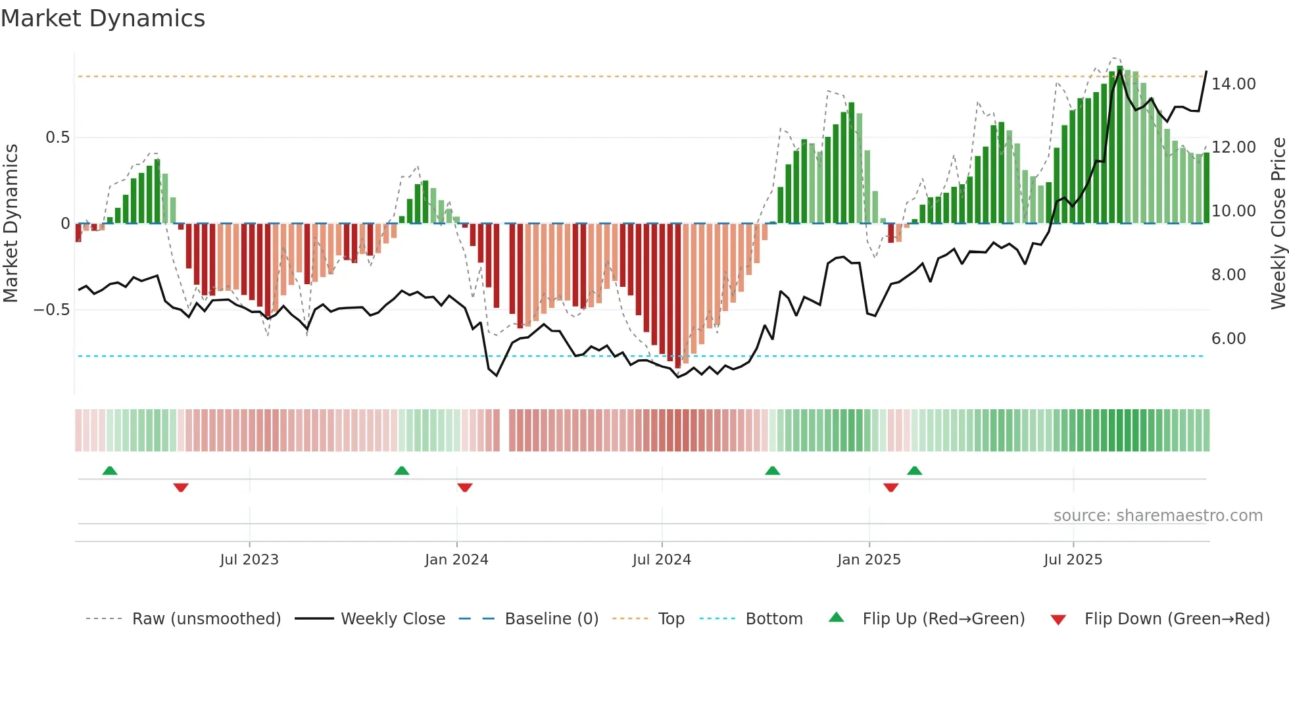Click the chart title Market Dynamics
pos(103,18)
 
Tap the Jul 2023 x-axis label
pos(249,560)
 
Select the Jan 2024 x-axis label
pos(456,560)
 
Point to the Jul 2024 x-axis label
pos(662,560)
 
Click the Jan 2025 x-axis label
pos(869,560)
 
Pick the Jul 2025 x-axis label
pos(1073,560)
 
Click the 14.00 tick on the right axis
pos(1234,84)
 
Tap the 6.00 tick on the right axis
pos(1228,339)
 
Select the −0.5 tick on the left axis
pos(51,310)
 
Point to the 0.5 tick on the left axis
pos(57,137)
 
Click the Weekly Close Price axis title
pos(1278,223)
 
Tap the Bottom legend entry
pos(773,619)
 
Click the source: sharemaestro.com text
pos(1157,516)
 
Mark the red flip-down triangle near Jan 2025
pos(891,488)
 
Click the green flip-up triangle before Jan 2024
pos(402,470)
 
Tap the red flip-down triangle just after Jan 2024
pos(465,488)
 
